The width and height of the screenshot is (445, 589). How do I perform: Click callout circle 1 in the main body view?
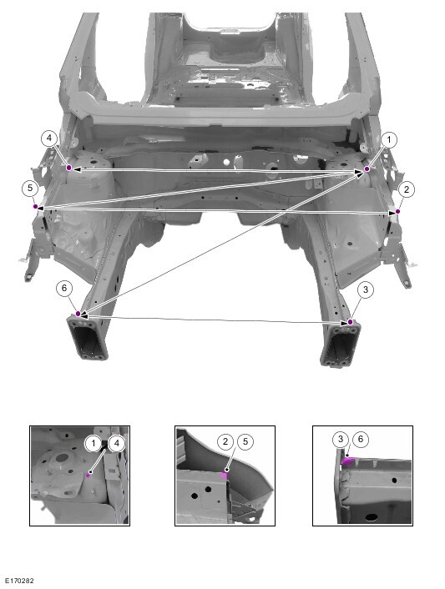[x=389, y=140]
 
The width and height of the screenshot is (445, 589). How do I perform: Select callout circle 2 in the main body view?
[x=407, y=189]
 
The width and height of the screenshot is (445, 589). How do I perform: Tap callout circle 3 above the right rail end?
[x=366, y=290]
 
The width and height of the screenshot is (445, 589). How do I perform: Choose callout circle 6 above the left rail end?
[x=64, y=288]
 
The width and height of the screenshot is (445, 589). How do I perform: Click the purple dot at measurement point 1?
[x=367, y=169]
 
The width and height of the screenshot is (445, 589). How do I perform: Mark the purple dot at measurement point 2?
[x=397, y=212]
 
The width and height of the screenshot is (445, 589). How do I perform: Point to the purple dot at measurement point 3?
[x=351, y=322]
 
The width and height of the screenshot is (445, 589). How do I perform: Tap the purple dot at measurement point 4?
[x=68, y=168]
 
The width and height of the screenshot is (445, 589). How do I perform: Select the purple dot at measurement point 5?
[x=35, y=207]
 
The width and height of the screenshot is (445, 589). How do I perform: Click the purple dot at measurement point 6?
[x=78, y=314]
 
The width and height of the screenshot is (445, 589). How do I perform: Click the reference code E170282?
[x=19, y=581]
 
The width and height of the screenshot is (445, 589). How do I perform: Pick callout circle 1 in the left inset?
[x=94, y=444]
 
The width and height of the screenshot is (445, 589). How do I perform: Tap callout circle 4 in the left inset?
[x=117, y=444]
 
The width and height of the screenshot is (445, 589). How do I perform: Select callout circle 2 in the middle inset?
[x=225, y=441]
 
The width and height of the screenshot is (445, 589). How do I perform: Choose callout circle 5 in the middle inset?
[x=245, y=441]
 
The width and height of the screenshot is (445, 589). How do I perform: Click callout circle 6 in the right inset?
[x=361, y=439]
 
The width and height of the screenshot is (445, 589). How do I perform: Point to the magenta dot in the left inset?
[x=88, y=476]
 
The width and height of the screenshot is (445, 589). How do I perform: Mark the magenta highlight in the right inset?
[x=347, y=461]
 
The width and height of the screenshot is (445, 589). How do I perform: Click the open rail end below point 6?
[x=88, y=338]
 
